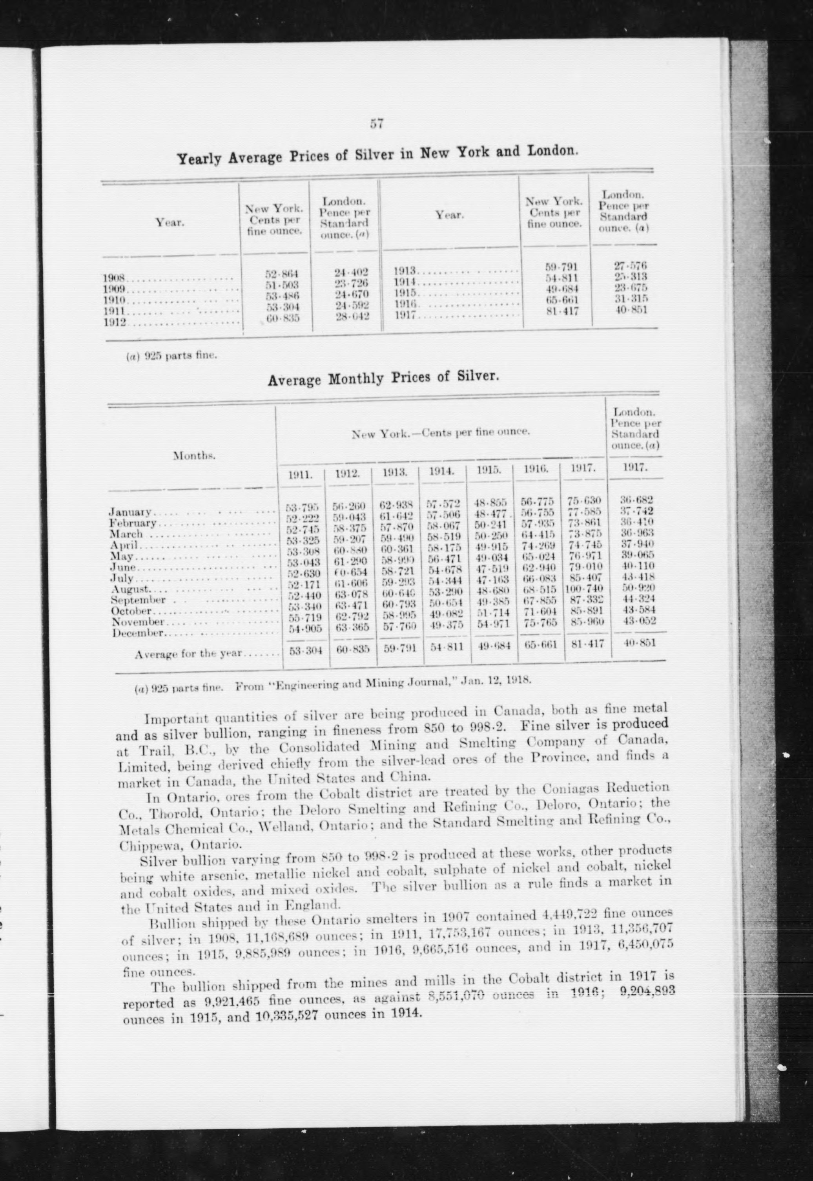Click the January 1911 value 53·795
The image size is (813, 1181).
302,508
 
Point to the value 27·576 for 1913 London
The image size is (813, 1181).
631,265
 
